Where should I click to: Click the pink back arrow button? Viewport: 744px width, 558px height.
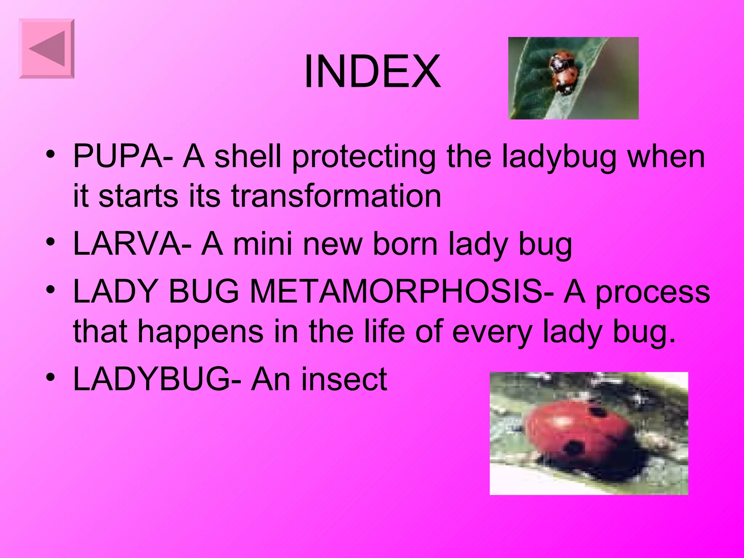[x=46, y=49]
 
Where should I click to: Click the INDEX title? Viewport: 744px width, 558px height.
[x=372, y=71]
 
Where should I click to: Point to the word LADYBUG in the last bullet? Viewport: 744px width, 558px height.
[x=151, y=379]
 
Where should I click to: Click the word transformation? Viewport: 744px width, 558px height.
[x=336, y=196]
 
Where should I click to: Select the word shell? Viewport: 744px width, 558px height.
[x=248, y=156]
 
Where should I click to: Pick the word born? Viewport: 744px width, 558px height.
[x=405, y=244]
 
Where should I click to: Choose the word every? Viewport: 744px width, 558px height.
[x=492, y=332]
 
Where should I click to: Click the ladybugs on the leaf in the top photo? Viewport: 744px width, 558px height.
[x=563, y=73]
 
